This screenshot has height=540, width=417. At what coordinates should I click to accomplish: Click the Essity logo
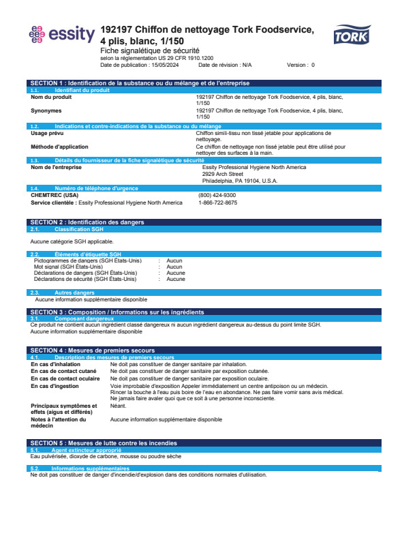point(61,34)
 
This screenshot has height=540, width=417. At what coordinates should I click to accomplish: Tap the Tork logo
point(351,35)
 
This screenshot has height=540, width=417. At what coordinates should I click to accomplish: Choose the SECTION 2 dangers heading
point(87,222)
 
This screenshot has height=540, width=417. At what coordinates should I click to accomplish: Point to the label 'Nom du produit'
point(51,97)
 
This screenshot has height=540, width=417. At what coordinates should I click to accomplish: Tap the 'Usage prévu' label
point(48,133)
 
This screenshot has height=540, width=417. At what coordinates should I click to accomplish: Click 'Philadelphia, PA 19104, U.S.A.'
point(240,181)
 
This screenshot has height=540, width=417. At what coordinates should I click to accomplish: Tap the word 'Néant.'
point(119,406)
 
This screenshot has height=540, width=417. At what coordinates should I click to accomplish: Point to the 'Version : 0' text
point(300,65)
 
